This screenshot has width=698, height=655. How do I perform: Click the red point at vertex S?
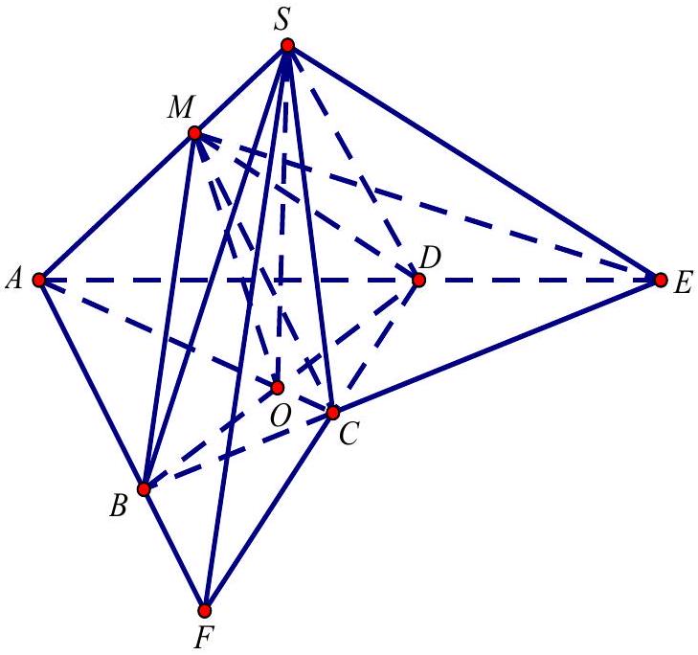click(x=287, y=45)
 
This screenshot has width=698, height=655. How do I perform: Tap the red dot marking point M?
click(x=194, y=133)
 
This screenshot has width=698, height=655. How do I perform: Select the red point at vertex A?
click(x=39, y=280)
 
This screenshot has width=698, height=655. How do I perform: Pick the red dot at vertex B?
click(x=144, y=489)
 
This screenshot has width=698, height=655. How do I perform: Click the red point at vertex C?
click(x=332, y=413)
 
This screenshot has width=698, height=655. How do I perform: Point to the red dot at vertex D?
click(x=418, y=280)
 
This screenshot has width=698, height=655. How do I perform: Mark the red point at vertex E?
click(x=661, y=280)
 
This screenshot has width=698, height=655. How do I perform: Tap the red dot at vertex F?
click(x=204, y=611)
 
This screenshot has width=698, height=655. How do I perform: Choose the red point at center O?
click(x=278, y=388)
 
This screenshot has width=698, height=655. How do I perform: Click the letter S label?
click(x=281, y=20)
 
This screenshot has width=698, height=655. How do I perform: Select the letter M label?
click(x=180, y=107)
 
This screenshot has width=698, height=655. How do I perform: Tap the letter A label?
click(x=13, y=281)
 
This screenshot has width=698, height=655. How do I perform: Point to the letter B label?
click(x=119, y=507)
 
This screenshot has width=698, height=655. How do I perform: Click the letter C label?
click(x=349, y=434)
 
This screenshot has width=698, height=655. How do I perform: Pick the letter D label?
click(x=430, y=258)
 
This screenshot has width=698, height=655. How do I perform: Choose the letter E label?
click(x=683, y=283)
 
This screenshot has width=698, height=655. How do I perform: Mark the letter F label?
click(x=203, y=638)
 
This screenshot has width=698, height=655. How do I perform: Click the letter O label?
click(x=281, y=417)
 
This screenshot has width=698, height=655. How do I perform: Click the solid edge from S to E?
click(x=474, y=163)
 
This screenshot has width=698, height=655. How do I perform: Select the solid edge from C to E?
click(x=496, y=347)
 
